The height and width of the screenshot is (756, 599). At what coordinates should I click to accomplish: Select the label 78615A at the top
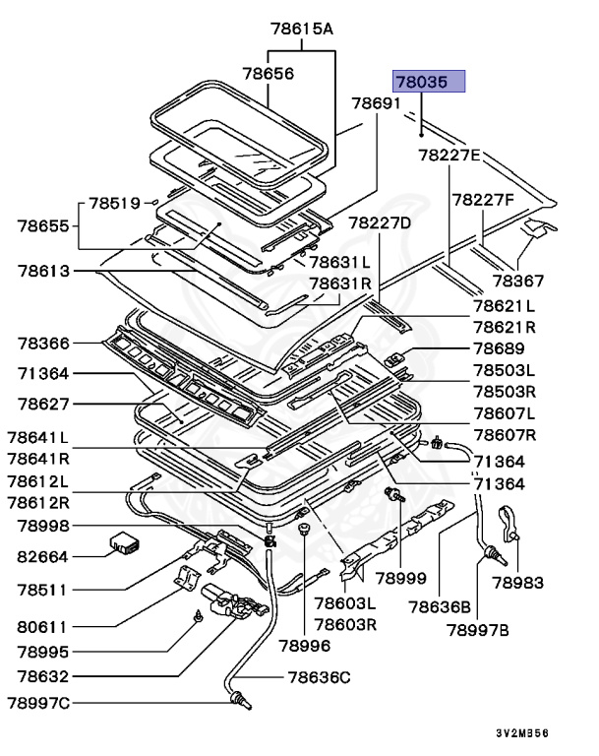pyautogui.click(x=303, y=29)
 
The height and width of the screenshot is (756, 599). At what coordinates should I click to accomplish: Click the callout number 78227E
pyautogui.click(x=449, y=156)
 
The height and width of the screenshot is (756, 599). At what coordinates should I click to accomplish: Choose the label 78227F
pyautogui.click(x=483, y=200)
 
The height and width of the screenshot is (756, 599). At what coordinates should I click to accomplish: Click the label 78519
pyautogui.click(x=115, y=203)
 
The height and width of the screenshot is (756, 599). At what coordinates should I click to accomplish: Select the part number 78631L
pyautogui.click(x=340, y=263)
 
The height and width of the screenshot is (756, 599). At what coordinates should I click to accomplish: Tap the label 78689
pyautogui.click(x=498, y=349)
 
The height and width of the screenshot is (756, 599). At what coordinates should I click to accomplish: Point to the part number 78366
pyautogui.click(x=43, y=343)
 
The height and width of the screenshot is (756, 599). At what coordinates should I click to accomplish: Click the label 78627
pyautogui.click(x=43, y=405)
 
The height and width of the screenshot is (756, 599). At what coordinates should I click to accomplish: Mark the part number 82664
pyautogui.click(x=41, y=556)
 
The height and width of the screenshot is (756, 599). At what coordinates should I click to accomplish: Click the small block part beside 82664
pyautogui.click(x=124, y=541)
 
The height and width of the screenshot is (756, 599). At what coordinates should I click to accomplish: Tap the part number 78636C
pyautogui.click(x=319, y=677)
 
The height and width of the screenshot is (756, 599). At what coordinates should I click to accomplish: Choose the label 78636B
pyautogui.click(x=440, y=607)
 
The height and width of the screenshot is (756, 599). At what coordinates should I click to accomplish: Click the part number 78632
pyautogui.click(x=43, y=677)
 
